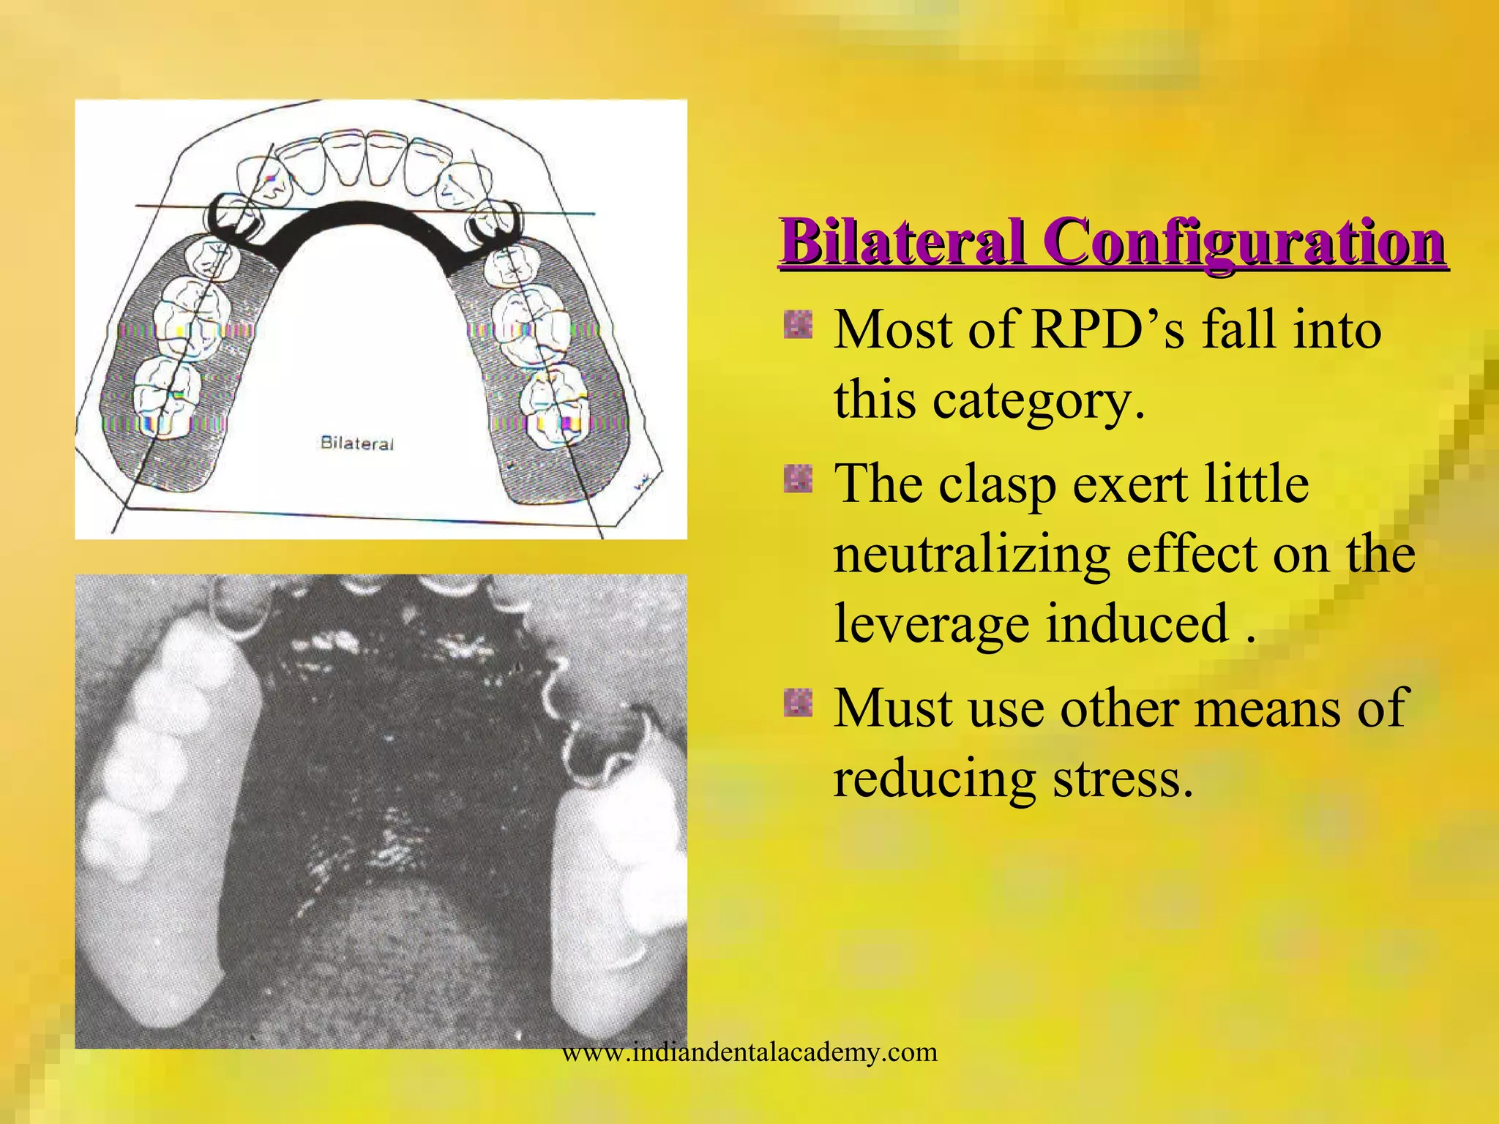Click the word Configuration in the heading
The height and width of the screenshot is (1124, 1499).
click(x=1244, y=241)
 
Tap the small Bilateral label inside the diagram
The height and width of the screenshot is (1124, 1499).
click(x=357, y=443)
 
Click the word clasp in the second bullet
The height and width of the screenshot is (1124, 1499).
click(x=997, y=484)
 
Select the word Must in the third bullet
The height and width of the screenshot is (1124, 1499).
click(x=893, y=708)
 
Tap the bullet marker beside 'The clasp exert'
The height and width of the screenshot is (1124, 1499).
click(x=798, y=479)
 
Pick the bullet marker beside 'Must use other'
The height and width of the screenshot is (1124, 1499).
click(x=798, y=703)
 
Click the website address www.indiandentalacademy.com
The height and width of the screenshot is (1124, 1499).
click(x=749, y=1052)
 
